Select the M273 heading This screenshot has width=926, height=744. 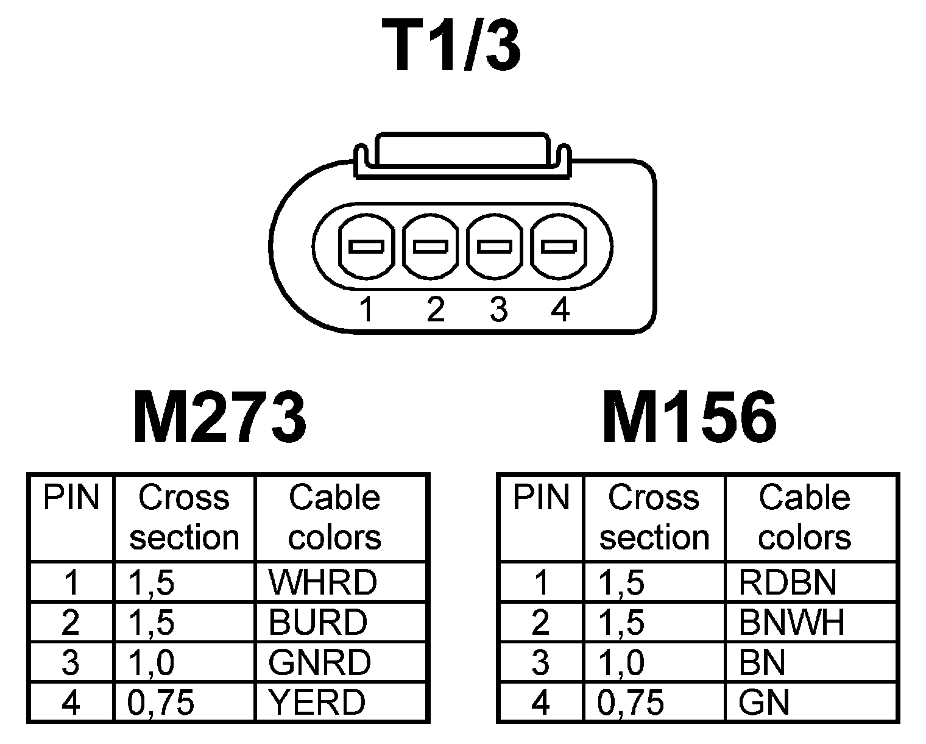tap(219, 418)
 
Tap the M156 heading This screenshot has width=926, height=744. tap(689, 418)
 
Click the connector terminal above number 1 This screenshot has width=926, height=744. tap(366, 246)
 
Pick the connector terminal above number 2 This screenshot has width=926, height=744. tap(431, 246)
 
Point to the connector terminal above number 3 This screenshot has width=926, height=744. tap(494, 246)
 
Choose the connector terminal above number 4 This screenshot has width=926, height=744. tap(559, 246)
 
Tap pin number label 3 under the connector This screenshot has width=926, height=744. tap(498, 310)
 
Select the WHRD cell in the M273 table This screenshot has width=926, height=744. tap(323, 582)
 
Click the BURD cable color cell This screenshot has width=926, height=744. tap(318, 623)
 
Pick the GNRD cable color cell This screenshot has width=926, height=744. tap(319, 662)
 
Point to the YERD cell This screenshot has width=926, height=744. tap(317, 703)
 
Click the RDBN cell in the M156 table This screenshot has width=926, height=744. tap(787, 582)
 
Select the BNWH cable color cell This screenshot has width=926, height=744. tap(791, 623)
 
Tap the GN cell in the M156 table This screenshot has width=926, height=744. tap(764, 703)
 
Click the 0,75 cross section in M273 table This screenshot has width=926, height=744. tap(161, 703)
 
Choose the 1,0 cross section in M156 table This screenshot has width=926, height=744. tap(621, 663)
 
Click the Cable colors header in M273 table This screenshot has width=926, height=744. tap(334, 517)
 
